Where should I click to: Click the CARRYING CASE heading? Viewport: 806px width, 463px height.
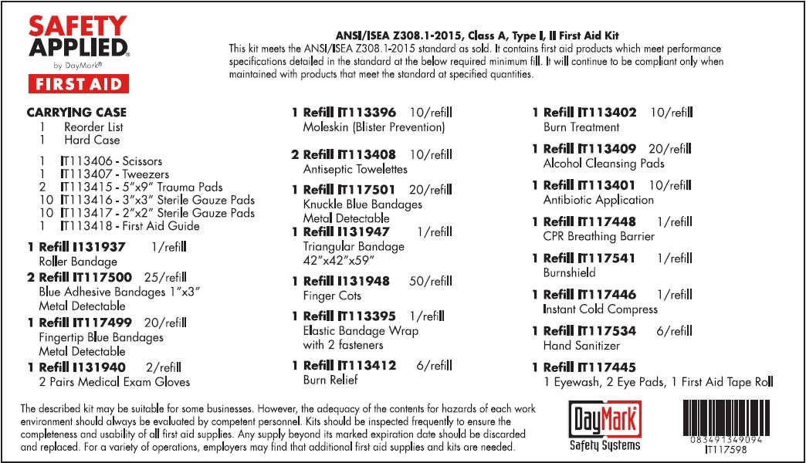point(76,113)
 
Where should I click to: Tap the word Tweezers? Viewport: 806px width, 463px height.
point(146,174)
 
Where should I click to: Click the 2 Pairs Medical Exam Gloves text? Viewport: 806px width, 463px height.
point(114,381)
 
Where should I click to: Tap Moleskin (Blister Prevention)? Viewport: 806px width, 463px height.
point(374,127)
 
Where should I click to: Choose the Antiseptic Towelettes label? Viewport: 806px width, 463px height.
point(355,169)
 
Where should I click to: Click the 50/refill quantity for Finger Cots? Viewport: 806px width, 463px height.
point(431,281)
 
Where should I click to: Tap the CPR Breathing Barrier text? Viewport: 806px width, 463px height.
point(598,236)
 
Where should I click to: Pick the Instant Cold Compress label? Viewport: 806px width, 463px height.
point(601,309)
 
